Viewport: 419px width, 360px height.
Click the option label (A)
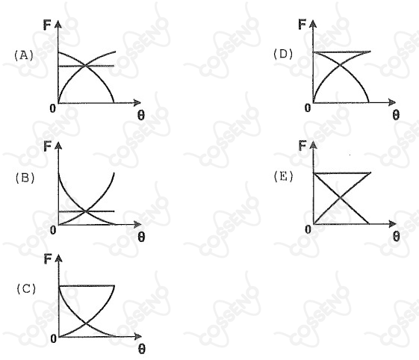[x=24, y=55]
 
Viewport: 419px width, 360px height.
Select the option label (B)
[x=25, y=178]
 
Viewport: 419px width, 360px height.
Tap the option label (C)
[x=26, y=289]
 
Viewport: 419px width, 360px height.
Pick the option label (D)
[x=283, y=54]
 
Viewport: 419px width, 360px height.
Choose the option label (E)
[x=284, y=176]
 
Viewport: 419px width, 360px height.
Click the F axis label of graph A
[x=47, y=25]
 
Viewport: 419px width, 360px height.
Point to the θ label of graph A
[x=141, y=115]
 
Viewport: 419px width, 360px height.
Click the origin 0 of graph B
[x=53, y=230]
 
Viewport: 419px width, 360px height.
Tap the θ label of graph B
[x=141, y=237]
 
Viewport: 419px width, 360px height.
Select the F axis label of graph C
[x=48, y=258]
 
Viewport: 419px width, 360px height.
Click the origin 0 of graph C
[x=54, y=338]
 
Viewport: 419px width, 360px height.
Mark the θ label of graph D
[x=396, y=115]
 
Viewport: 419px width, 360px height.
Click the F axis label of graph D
[x=302, y=25]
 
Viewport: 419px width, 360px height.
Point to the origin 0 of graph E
[x=308, y=229]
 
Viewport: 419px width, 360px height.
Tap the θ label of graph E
[x=397, y=236]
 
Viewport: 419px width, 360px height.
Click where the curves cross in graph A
[x=85, y=65]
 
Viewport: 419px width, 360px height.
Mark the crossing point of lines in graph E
[x=340, y=198]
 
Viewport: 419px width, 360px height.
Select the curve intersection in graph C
[x=85, y=323]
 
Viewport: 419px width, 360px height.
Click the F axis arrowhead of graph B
[x=58, y=146]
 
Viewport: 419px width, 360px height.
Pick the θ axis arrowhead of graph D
[x=392, y=102]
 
